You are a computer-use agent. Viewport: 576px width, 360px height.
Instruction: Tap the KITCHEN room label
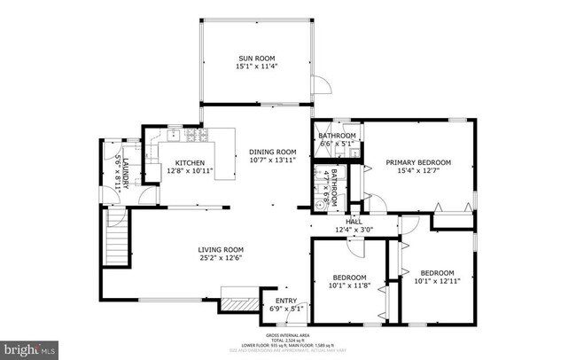[x=190, y=163]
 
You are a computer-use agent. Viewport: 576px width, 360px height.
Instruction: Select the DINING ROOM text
[x=272, y=152]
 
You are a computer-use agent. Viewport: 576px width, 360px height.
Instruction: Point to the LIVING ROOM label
[x=221, y=249]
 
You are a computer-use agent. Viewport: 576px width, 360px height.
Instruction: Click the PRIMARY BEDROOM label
[x=418, y=162]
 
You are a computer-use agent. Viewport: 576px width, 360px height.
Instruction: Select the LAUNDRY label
[x=126, y=172]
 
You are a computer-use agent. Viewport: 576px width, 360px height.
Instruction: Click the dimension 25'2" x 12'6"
[x=221, y=258]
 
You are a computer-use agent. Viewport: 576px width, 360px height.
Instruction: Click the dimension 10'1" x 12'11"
[x=437, y=281]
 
